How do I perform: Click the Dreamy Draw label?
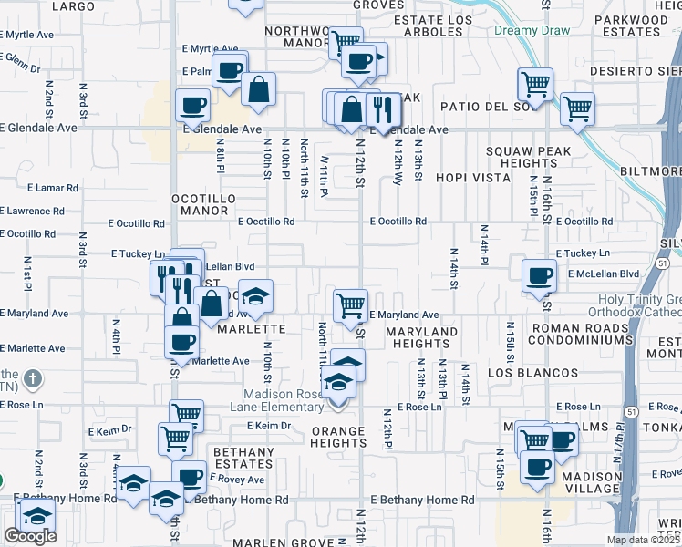pyautogui.click(x=532, y=30)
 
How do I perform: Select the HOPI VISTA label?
pyautogui.click(x=472, y=178)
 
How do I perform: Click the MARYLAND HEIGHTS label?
pyautogui.click(x=420, y=337)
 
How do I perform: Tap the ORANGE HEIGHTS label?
pyautogui.click(x=337, y=437)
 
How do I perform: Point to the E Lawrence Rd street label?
pyautogui.click(x=33, y=211)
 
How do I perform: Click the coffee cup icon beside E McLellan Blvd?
pyautogui.click(x=539, y=273)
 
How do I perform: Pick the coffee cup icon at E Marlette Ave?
pyautogui.click(x=181, y=341)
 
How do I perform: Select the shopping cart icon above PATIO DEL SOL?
pyautogui.click(x=535, y=84)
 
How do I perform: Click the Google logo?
pyautogui.click(x=30, y=537)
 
